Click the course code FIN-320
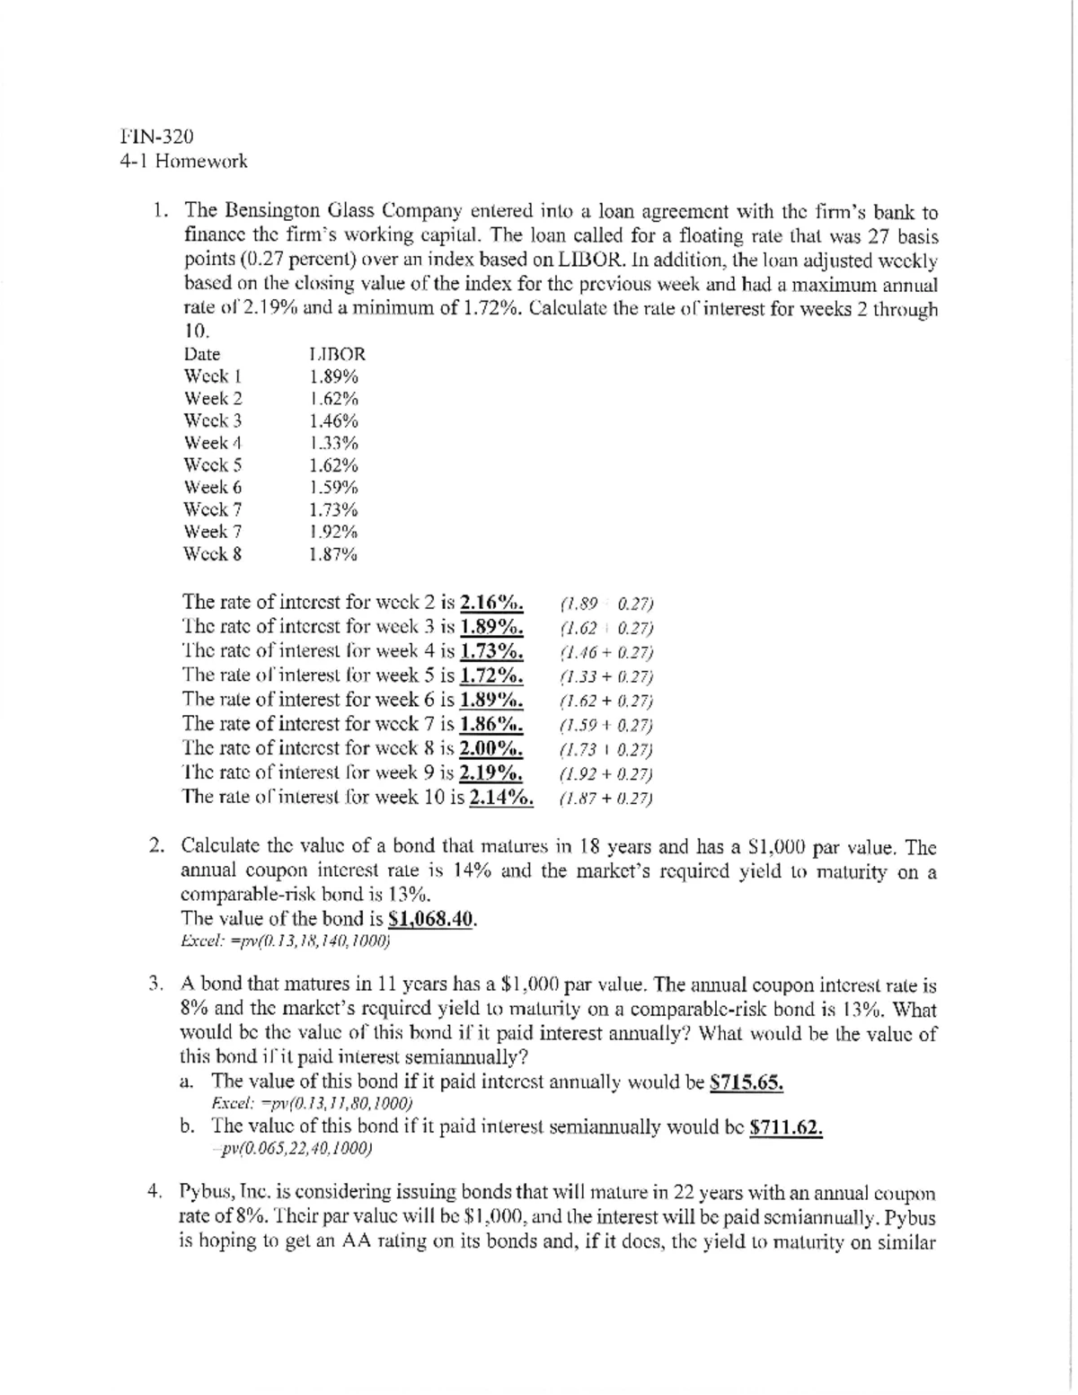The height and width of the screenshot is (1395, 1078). [156, 137]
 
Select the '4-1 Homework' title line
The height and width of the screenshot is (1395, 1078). [183, 162]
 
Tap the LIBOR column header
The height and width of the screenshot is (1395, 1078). [336, 355]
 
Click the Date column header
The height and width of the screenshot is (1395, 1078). [201, 355]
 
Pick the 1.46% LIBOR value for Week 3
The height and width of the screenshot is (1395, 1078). [332, 420]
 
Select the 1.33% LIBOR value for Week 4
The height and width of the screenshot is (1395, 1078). [332, 443]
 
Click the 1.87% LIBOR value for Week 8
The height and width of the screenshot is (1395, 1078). [332, 554]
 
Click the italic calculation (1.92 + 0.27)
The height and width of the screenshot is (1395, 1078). [605, 773]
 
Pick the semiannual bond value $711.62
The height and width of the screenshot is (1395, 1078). [786, 1127]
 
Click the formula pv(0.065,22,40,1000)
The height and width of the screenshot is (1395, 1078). [292, 1149]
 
